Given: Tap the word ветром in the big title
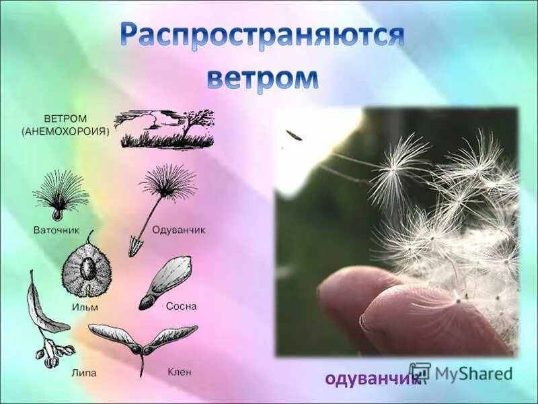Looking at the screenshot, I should point(262,79).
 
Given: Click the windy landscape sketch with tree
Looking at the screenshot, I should point(165,129).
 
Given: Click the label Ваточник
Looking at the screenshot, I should point(56,230).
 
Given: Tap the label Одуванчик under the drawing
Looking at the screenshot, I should point(178,230).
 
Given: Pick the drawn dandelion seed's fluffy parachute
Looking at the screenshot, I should point(169,180).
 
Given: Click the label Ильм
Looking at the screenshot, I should point(85,307).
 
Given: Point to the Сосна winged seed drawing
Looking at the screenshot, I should point(165,281).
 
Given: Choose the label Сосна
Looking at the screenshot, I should point(181,306).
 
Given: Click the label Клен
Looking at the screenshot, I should point(180,371).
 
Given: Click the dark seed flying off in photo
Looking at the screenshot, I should point(294,135).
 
